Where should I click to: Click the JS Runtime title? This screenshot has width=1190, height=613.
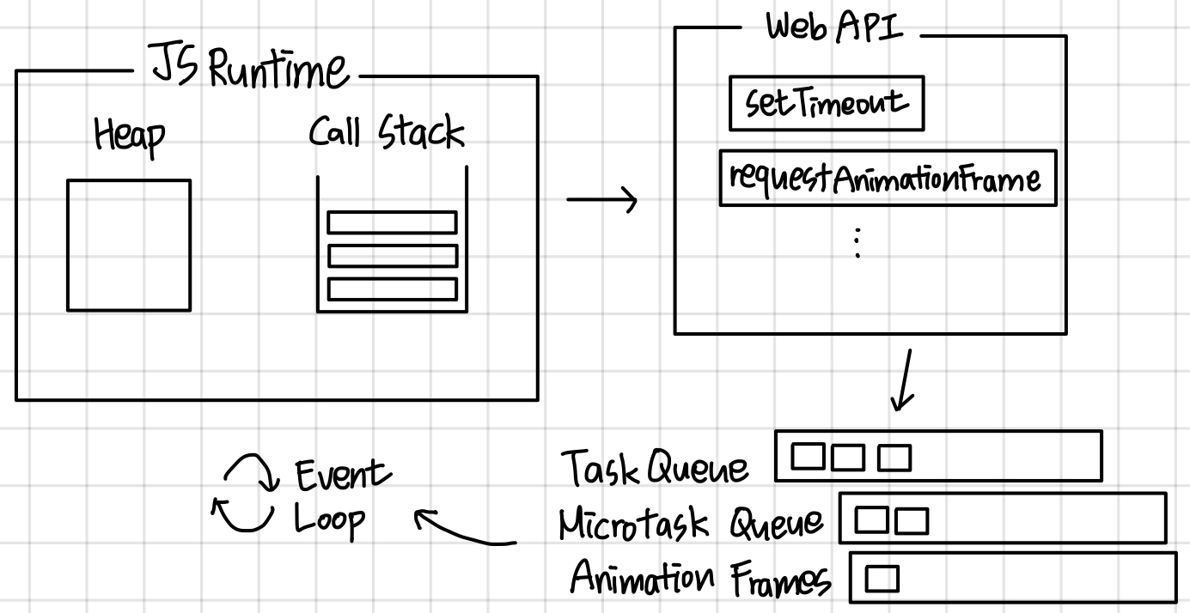tap(250, 69)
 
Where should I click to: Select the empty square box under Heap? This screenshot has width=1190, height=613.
tap(129, 245)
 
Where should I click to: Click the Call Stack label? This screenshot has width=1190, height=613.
tap(387, 134)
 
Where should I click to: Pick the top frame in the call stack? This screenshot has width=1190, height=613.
tap(392, 222)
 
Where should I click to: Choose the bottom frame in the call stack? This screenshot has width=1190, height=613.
tap(392, 289)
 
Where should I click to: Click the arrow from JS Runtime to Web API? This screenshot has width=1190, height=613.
tap(601, 201)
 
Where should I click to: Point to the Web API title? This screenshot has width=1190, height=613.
tap(834, 27)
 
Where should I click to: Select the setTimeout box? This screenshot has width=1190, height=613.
tap(826, 104)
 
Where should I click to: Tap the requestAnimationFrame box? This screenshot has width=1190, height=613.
tap(887, 179)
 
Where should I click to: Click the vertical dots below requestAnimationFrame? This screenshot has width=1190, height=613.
tap(857, 243)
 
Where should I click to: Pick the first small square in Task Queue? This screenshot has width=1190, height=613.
tap(807, 457)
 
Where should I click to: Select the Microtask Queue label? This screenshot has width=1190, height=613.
tap(690, 522)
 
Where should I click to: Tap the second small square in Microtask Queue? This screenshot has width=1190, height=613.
tap(912, 520)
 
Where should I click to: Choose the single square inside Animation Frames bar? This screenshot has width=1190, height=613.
tap(882, 580)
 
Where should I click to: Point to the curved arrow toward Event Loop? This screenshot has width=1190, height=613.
tap(464, 529)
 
